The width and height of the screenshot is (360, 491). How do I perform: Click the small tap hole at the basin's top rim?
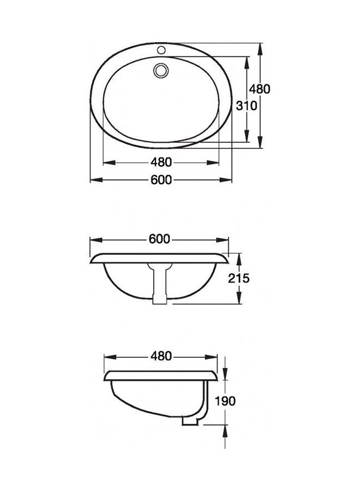161,50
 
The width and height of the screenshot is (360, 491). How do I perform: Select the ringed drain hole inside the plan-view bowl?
161,70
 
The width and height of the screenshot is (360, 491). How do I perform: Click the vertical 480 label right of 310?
260,89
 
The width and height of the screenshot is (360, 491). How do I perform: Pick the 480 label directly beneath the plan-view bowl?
161,162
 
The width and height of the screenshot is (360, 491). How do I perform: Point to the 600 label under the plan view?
161,180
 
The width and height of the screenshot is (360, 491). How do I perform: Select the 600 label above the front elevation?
159,239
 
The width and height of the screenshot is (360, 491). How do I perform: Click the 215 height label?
239,278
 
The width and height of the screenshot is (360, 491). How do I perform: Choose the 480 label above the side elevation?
161,356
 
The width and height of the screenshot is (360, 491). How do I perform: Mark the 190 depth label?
225,401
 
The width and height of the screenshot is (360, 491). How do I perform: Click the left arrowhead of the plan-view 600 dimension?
94,180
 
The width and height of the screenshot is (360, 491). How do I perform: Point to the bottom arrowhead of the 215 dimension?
239,300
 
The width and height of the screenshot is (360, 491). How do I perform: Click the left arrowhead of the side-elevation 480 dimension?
107,356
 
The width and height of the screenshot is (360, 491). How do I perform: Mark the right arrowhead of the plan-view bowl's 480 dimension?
216,162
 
